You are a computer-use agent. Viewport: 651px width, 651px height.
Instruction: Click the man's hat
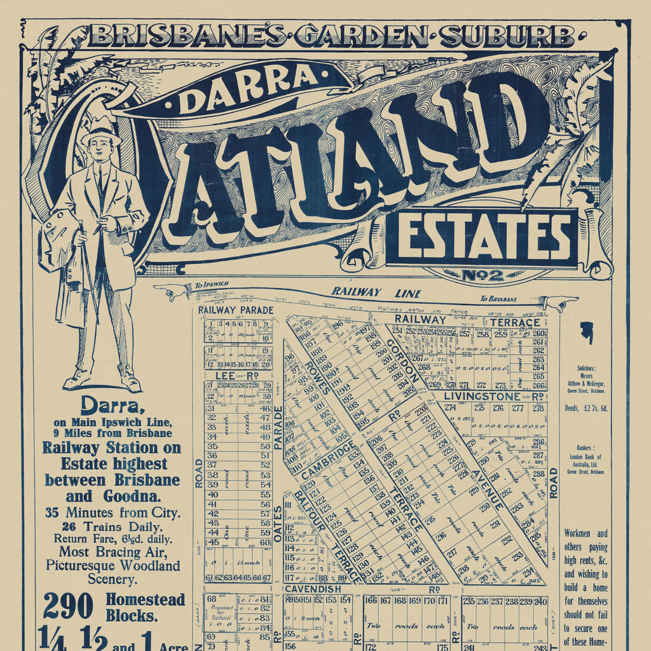pyautogui.click(x=100, y=132)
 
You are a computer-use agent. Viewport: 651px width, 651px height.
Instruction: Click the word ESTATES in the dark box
pyautogui.click(x=482, y=237)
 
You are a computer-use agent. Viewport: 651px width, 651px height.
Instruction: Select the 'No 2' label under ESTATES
pyautogui.click(x=483, y=276)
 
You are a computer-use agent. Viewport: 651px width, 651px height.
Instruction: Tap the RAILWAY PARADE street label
pyautogui.click(x=235, y=310)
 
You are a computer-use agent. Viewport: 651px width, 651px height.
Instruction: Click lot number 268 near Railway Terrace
pyautogui.click(x=423, y=367)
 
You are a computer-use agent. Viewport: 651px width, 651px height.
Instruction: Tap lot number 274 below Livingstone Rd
pyautogui.click(x=450, y=408)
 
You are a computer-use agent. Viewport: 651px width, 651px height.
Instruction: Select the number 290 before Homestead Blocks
pyautogui.click(x=69, y=605)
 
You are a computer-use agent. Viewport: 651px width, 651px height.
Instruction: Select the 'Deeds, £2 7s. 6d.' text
pyautogui.click(x=586, y=408)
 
